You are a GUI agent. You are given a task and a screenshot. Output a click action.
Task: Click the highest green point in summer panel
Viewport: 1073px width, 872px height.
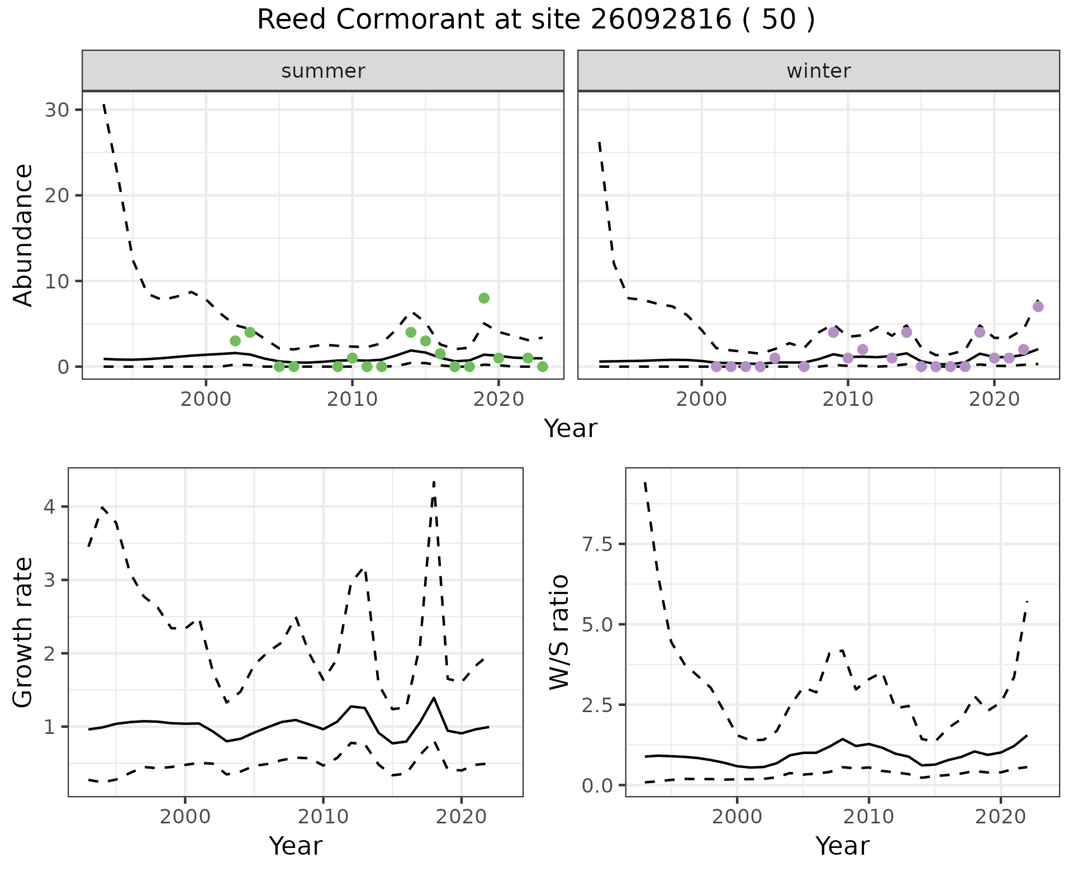[x=484, y=298]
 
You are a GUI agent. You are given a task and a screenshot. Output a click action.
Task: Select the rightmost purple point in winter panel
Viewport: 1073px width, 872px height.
[x=1038, y=306]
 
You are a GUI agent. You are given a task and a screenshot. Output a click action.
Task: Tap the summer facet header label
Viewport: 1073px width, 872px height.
[x=323, y=71]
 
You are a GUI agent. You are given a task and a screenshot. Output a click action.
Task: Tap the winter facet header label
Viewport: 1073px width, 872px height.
[x=819, y=71]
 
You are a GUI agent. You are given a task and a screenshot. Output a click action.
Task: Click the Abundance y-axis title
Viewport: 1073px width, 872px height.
[x=23, y=235]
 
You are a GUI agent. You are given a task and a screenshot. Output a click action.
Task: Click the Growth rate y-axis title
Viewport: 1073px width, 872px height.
[x=23, y=632]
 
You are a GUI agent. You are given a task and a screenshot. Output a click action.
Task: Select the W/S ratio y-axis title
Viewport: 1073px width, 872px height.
[x=559, y=632]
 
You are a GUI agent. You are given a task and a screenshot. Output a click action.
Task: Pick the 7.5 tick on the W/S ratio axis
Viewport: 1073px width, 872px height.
[x=597, y=544]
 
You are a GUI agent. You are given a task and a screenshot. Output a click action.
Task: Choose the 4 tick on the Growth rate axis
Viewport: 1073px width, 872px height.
[x=49, y=507]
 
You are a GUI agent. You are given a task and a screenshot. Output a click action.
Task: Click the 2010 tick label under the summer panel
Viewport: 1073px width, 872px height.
[x=352, y=399]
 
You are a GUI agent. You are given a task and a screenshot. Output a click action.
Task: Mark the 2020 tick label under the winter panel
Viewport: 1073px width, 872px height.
[x=994, y=399]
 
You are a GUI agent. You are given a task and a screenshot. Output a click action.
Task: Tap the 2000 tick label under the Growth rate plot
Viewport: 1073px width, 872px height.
[x=185, y=817]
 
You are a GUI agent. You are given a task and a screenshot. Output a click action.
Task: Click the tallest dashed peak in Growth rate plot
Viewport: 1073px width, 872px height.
[x=434, y=482]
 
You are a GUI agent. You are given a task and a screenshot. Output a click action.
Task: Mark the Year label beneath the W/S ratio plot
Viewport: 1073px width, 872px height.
[x=842, y=846]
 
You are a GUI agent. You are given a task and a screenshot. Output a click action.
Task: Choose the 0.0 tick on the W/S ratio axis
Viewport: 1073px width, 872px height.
[x=597, y=785]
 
